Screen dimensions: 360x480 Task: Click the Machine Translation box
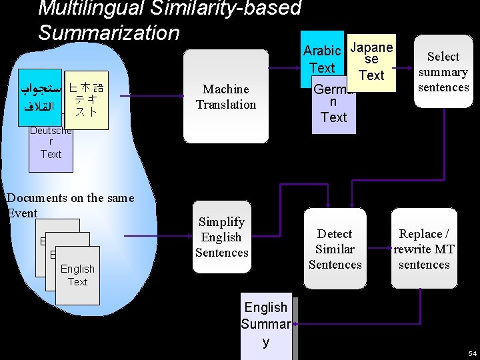coord(226,97)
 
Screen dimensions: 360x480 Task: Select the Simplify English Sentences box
coord(221,237)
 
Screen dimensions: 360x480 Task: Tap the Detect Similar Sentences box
coord(335,249)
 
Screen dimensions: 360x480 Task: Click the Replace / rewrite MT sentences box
coord(424,249)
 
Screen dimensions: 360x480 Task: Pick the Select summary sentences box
coord(443,72)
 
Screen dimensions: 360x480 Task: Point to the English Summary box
coord(266,325)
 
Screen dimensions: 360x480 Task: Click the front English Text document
coord(77,275)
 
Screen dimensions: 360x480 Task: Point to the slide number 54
coord(472,353)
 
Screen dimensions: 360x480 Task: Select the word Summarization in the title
coord(109,33)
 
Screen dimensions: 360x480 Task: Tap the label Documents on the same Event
coord(69,205)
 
